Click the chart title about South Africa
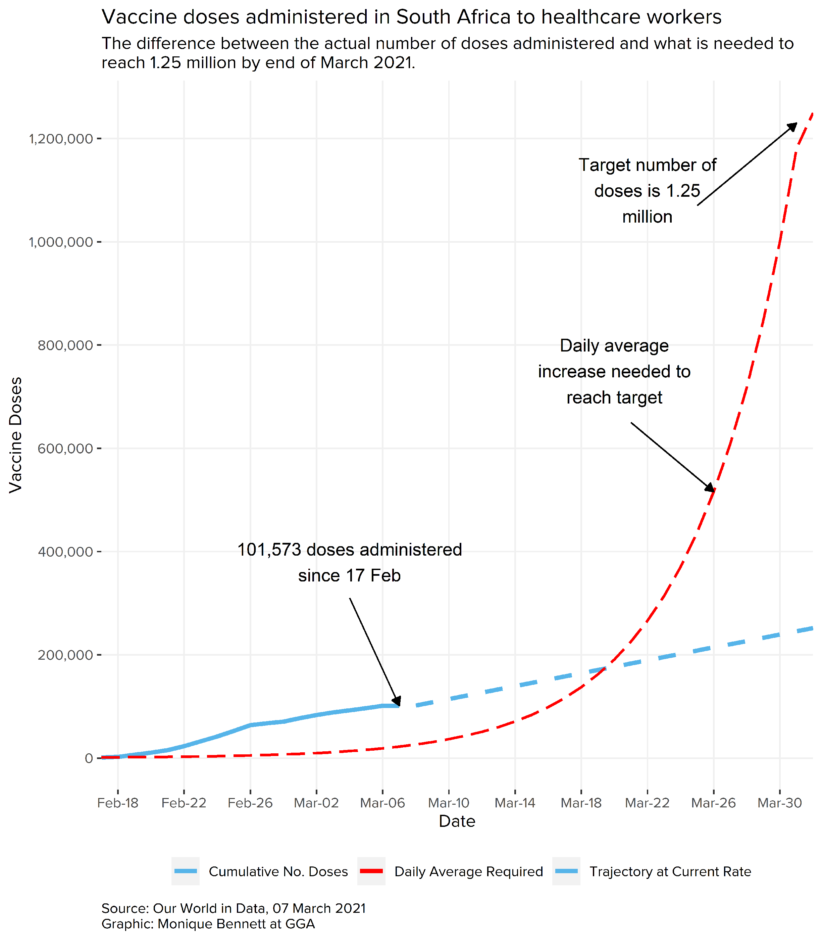(411, 17)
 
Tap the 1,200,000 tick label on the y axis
(61, 139)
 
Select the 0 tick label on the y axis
(89, 758)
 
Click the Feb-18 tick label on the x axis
(118, 803)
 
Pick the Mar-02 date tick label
(316, 803)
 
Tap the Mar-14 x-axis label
(515, 803)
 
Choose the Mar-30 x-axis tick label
(779, 803)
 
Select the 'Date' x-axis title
(457, 821)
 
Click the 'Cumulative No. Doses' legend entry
(278, 872)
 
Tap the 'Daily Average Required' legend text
(468, 872)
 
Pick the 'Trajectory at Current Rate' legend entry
(670, 872)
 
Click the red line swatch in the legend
(371, 871)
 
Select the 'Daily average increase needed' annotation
(614, 371)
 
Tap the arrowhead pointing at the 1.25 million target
(792, 127)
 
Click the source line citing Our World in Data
(234, 908)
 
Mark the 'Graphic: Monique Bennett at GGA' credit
(208, 924)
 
